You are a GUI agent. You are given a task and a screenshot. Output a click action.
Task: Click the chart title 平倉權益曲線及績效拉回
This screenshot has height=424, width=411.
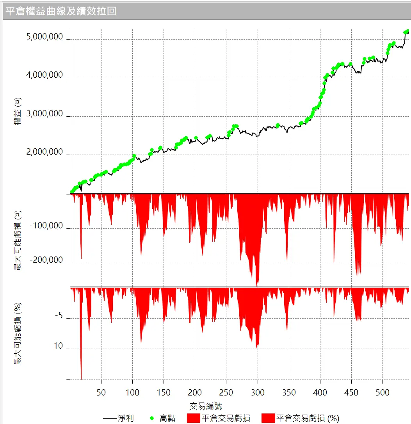point(61,11)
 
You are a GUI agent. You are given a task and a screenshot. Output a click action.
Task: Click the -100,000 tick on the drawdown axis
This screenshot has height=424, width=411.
point(47,226)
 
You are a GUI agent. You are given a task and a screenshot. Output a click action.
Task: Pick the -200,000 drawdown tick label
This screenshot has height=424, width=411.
point(47,260)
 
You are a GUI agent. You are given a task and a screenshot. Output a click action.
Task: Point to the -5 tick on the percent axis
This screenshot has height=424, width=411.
point(58,315)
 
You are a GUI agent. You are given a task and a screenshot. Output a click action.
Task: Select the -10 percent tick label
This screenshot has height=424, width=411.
point(56,346)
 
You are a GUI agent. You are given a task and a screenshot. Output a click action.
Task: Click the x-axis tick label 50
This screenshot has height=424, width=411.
point(101,392)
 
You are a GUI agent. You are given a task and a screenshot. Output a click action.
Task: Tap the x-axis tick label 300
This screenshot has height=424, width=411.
point(258,392)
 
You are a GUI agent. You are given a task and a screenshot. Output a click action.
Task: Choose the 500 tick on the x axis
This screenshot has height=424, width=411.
point(383,392)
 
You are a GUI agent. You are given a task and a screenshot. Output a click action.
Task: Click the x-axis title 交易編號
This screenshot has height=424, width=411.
point(206,406)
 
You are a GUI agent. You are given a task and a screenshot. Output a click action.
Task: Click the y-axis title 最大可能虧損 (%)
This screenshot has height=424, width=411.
point(17,334)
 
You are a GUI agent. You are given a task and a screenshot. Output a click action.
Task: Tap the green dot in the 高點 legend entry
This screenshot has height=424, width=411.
point(151,418)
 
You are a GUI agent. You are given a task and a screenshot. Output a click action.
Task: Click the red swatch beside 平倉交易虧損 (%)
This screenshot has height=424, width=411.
point(268,418)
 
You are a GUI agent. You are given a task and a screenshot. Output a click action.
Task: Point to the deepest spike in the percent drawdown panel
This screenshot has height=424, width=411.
point(81,378)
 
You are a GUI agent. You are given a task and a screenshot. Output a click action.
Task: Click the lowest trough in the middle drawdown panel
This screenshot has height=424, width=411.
point(256,285)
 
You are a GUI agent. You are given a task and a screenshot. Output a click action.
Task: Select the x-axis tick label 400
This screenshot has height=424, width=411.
point(320,392)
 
